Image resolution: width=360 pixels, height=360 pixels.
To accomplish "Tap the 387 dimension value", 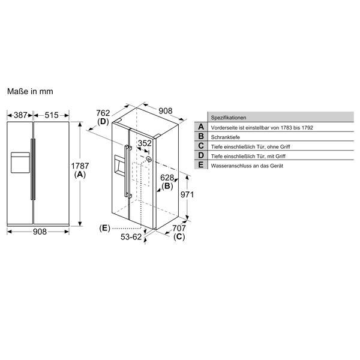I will pyautogui.click(x=20, y=115).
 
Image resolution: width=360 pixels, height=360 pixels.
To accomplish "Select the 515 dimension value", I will pyautogui.click(x=51, y=115).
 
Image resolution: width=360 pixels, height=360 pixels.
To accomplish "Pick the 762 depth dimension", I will pyautogui.click(x=103, y=112).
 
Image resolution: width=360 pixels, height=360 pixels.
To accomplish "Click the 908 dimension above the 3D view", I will pyautogui.click(x=166, y=111).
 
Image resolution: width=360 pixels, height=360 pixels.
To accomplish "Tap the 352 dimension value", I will pyautogui.click(x=145, y=143).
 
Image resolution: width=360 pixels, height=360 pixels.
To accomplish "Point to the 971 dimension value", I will pyautogui.click(x=188, y=194).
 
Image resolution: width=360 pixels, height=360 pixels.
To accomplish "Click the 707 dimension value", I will pyautogui.click(x=179, y=228).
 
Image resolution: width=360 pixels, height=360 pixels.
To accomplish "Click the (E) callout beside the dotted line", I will pyautogui.click(x=106, y=228).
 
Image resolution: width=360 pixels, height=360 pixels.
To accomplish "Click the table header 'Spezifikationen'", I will pyautogui.click(x=228, y=118).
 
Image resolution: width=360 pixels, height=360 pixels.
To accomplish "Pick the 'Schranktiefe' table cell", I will pyautogui.click(x=226, y=137).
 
